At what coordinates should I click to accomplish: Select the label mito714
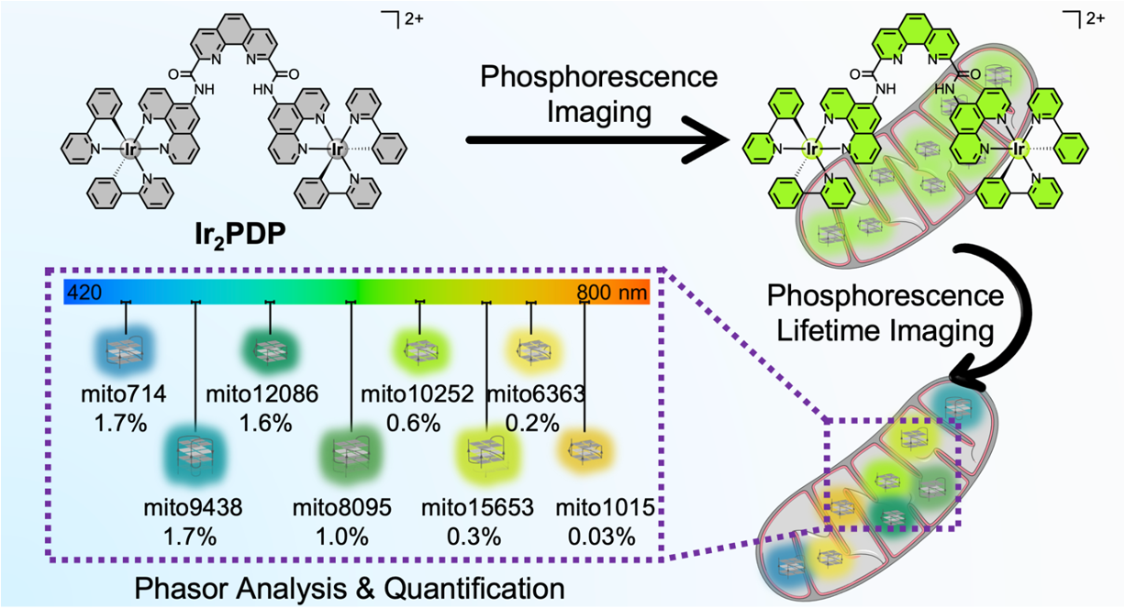pyautogui.click(x=122, y=395)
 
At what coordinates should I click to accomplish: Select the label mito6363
pyautogui.click(x=535, y=395)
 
